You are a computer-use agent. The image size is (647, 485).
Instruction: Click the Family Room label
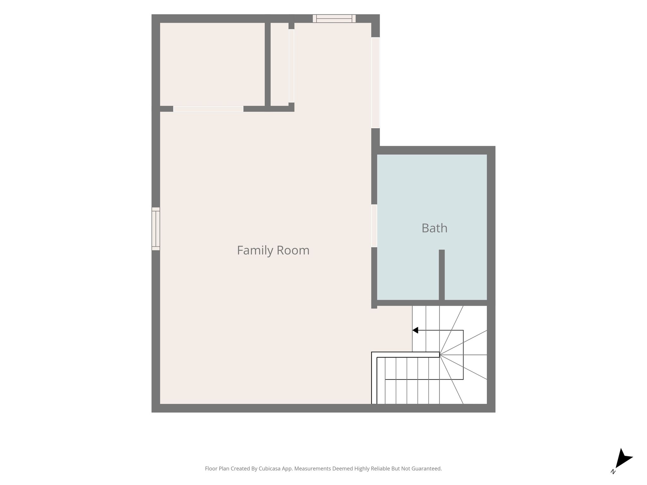pos(273,250)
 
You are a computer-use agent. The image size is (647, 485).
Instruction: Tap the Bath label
pos(434,228)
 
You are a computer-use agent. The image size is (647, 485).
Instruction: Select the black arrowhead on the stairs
pos(415,330)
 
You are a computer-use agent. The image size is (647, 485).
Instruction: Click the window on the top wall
pos(334,19)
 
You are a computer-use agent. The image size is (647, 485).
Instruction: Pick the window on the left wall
pos(156,229)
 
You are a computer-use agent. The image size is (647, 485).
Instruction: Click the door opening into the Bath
pos(374,226)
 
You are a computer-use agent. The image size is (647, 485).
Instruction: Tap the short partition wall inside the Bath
pos(442,275)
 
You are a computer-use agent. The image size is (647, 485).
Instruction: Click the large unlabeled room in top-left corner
pos(212,64)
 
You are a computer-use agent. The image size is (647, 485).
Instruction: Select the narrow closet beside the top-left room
pos(280,64)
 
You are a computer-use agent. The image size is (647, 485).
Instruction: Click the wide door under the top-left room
pos(208,109)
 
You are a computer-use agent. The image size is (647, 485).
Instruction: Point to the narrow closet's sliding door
pos(291,66)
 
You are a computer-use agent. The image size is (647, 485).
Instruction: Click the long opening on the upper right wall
pos(375,83)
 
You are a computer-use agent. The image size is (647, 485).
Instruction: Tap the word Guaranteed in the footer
pos(426,469)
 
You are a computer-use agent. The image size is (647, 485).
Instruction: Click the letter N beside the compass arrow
pos(613,472)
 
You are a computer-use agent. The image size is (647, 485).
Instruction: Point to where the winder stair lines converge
pos(440,355)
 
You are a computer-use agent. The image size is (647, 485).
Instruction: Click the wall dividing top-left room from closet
pos(268,64)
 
